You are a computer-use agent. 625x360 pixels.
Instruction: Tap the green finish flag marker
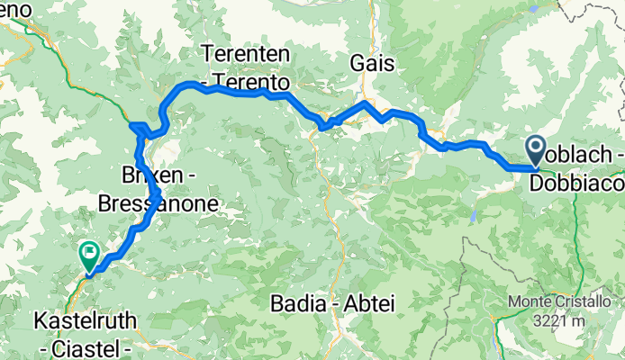(x=89, y=256)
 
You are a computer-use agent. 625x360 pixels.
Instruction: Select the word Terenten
(x=246, y=55)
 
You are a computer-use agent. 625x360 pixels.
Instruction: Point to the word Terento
(x=255, y=83)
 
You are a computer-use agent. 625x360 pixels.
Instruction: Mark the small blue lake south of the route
(x=473, y=217)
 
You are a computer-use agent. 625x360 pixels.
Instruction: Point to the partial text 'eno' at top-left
(x=15, y=9)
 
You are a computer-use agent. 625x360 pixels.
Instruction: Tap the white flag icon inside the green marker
(x=89, y=251)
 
